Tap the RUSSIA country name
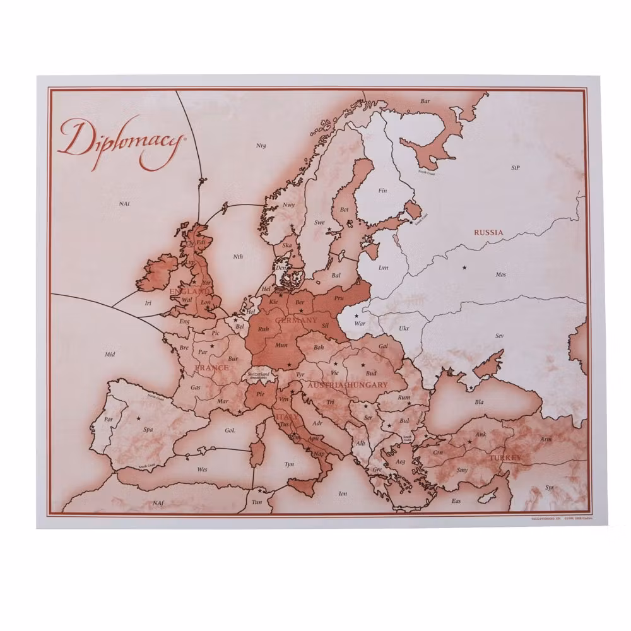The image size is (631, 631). point(489,232)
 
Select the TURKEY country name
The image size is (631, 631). point(506,456)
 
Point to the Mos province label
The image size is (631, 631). point(500,274)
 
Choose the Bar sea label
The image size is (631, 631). point(425,101)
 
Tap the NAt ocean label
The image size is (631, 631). point(124,203)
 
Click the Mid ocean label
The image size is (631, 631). point(110,354)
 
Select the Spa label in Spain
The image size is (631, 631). point(148,430)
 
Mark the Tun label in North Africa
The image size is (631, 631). point(257,502)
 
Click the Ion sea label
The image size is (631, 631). point(343,493)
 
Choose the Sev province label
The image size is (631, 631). point(499,336)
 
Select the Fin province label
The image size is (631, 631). point(382,191)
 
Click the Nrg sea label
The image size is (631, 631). point(261,146)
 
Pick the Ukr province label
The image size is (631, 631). point(404,329)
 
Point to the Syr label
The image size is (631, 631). point(549,488)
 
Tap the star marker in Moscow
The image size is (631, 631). point(465,268)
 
